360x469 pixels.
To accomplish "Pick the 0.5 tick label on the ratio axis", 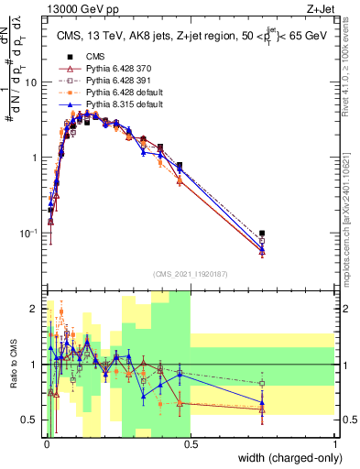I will (x=31, y=420).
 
